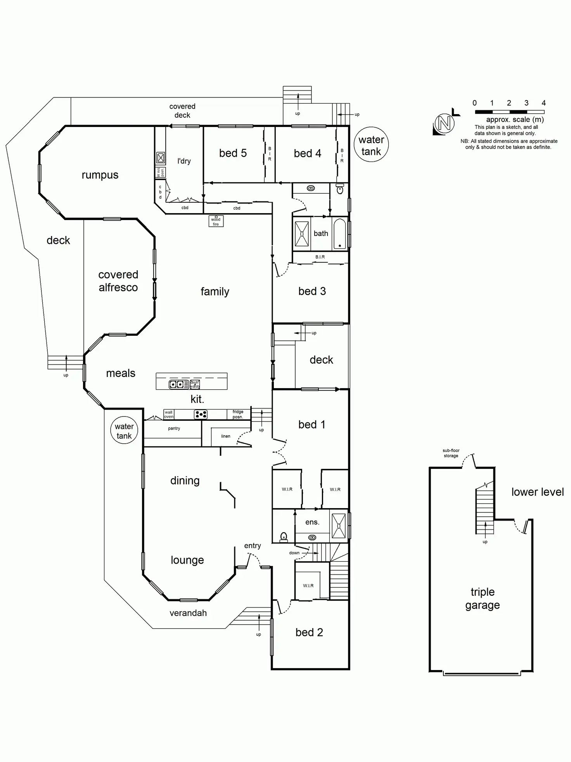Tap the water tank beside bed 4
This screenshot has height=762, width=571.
coord(371,145)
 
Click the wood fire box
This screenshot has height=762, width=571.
coord(216,221)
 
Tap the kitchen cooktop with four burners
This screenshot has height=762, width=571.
coord(201,414)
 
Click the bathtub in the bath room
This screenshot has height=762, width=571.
coord(339,234)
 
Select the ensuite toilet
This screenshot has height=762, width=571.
coord(284,537)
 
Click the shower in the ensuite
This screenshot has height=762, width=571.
coord(339,526)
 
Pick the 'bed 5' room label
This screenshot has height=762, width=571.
coord(233,153)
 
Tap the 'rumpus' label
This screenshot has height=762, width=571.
coord(100,175)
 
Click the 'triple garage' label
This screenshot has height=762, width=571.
coord(482,598)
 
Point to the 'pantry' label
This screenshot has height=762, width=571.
coord(174,428)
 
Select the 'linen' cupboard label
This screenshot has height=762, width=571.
coord(225,436)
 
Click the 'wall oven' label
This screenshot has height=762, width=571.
coord(168,414)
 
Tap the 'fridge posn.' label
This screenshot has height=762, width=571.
coord(238,414)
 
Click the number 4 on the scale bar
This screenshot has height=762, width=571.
coord(543,103)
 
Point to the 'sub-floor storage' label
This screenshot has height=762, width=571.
coord(451,453)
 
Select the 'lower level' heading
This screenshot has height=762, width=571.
coord(537,492)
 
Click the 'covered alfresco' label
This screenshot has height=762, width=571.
coord(118,281)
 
